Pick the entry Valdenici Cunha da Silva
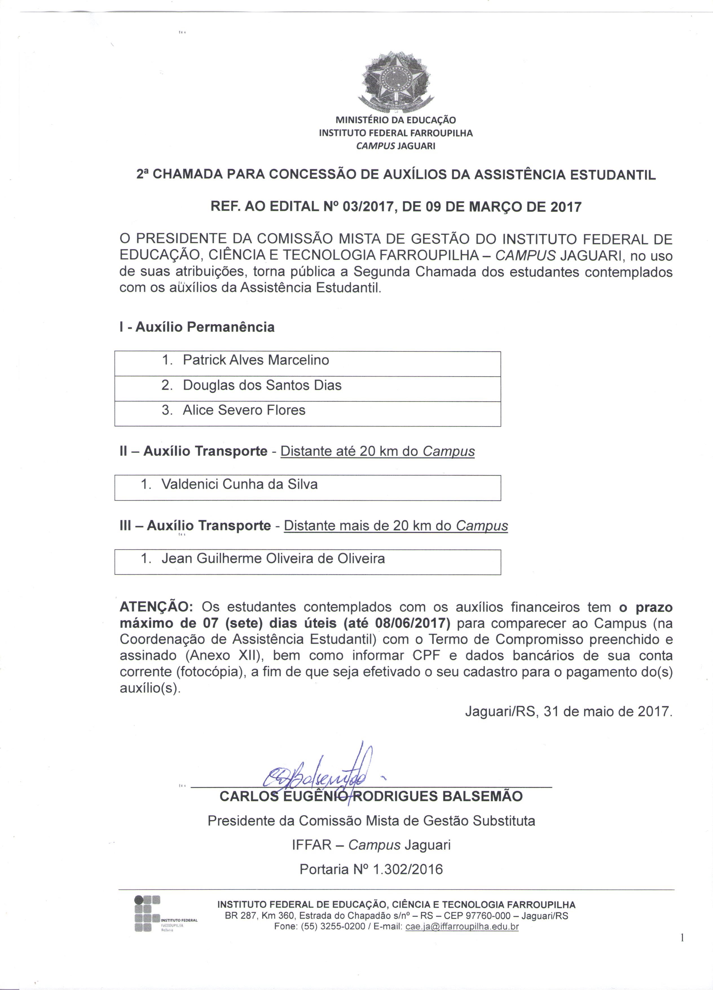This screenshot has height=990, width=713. (239, 484)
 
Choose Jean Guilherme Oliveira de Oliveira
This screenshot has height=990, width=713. (273, 559)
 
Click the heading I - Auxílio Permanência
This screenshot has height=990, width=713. (197, 327)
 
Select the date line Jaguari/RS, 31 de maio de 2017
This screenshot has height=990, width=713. (569, 711)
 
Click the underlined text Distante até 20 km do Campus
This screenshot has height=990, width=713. (377, 451)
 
